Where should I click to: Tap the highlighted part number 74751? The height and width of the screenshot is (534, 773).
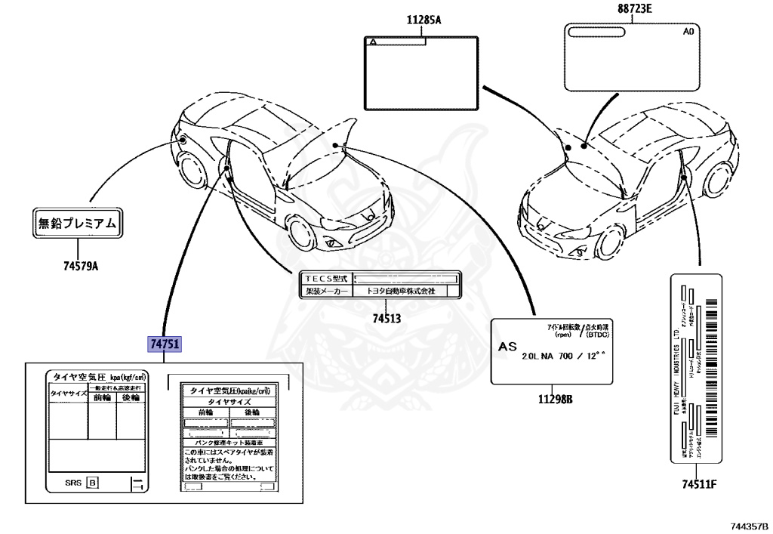pyautogui.click(x=165, y=344)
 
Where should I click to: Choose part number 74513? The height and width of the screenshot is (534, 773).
pyautogui.click(x=386, y=318)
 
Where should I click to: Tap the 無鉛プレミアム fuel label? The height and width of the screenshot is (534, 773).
pyautogui.click(x=78, y=224)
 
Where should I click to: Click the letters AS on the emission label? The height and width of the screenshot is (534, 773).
pyautogui.click(x=510, y=346)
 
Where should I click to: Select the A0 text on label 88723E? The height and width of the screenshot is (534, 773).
pyautogui.click(x=688, y=32)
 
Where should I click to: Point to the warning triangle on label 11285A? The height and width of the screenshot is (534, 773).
pyautogui.click(x=372, y=43)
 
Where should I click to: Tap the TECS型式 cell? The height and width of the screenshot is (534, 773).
pyautogui.click(x=325, y=278)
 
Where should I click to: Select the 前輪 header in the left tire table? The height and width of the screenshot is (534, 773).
pyautogui.click(x=101, y=397)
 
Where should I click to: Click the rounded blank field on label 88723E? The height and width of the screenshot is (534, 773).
pyautogui.click(x=596, y=32)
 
